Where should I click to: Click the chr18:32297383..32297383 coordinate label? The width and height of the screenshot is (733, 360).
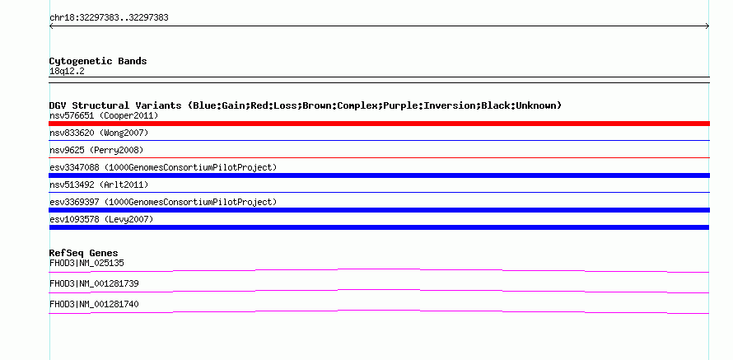[x=109, y=18]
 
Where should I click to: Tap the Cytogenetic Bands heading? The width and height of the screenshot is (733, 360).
[x=98, y=61]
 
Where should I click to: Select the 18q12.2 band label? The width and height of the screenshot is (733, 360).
[x=67, y=72]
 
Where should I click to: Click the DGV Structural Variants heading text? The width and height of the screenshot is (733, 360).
[x=115, y=105]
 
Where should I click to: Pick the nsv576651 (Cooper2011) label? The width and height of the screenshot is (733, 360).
[x=104, y=115]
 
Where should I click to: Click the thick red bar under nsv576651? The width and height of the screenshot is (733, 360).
[x=379, y=124]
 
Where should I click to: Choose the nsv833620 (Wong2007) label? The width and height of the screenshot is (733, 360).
[x=99, y=133]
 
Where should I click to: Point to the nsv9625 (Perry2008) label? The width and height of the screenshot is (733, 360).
[x=96, y=150]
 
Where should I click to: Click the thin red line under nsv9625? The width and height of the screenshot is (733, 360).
[x=379, y=157]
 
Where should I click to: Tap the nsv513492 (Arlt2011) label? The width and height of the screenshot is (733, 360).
[x=99, y=185]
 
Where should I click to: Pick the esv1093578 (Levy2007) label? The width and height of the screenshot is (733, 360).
[x=101, y=219]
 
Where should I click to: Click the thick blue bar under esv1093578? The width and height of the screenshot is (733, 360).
[x=379, y=227]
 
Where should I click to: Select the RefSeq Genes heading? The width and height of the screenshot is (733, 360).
[x=84, y=253]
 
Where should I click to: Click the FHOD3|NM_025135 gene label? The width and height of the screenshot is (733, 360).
[x=86, y=263]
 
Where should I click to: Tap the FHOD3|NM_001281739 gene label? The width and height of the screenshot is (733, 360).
[x=94, y=283]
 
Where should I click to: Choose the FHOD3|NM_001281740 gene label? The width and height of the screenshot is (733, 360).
[x=94, y=304]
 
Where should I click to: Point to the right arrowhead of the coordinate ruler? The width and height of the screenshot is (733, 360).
[x=707, y=26]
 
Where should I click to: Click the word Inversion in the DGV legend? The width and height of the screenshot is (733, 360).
[x=452, y=105]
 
